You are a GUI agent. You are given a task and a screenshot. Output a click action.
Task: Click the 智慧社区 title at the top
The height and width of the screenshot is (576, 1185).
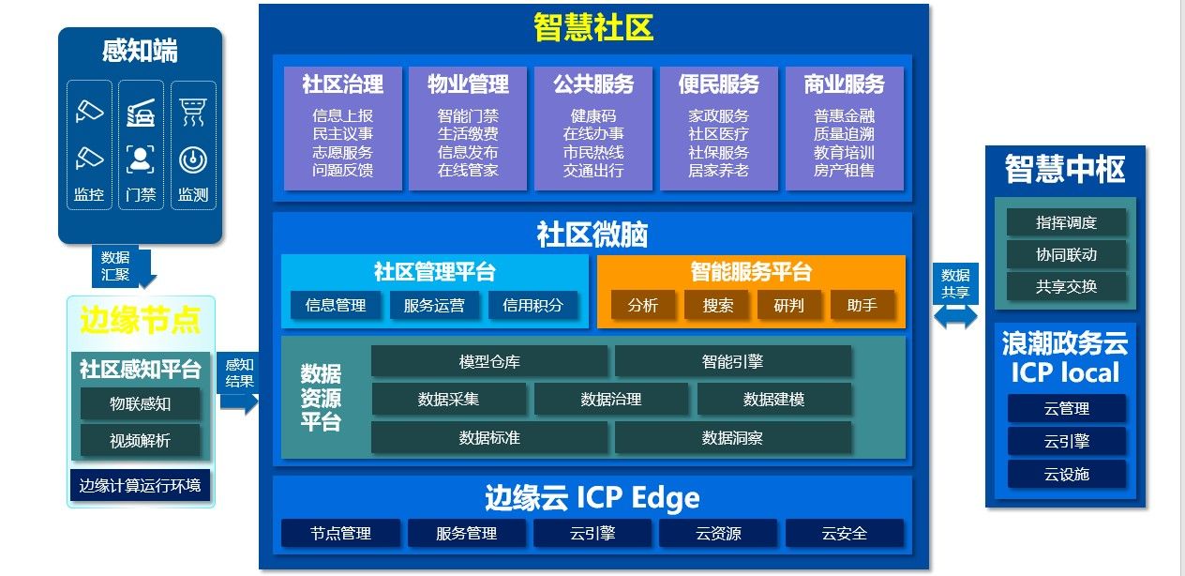[593, 28]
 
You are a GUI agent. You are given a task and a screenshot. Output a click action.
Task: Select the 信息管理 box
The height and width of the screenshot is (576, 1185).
[335, 305]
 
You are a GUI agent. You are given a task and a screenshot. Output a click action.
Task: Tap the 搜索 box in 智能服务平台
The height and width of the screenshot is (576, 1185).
[717, 305]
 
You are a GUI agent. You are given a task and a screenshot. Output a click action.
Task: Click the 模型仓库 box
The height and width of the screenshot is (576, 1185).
[489, 361]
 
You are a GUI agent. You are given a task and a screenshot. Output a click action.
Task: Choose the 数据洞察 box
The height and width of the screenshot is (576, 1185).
[732, 437]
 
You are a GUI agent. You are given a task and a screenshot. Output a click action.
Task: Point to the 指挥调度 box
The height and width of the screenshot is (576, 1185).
[1066, 222]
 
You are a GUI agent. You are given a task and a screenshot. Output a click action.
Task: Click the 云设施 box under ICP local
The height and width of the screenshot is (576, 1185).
[1066, 474]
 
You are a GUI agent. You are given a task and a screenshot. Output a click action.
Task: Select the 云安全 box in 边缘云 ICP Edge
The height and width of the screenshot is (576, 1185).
[844, 533]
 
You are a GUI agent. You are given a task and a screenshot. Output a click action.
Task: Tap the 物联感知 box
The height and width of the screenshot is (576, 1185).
[140, 404]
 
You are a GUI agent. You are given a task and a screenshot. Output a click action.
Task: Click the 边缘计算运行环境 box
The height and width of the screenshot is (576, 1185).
[140, 485]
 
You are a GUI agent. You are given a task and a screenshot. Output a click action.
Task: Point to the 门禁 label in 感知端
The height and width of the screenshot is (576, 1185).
[141, 196]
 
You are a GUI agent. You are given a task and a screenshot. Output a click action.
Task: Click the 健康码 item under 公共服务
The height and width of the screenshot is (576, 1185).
[593, 116]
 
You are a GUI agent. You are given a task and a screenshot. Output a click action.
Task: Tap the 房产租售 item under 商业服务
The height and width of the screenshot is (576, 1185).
[844, 171]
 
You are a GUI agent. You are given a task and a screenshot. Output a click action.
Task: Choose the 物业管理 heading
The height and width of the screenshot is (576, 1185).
[468, 84]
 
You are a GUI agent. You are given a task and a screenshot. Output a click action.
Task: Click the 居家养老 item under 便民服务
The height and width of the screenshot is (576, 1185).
[718, 171]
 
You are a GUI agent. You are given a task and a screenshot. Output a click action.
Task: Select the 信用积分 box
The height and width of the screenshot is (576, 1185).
[532, 305]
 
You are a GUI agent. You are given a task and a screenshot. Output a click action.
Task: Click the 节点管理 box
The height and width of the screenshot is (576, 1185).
[340, 533]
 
